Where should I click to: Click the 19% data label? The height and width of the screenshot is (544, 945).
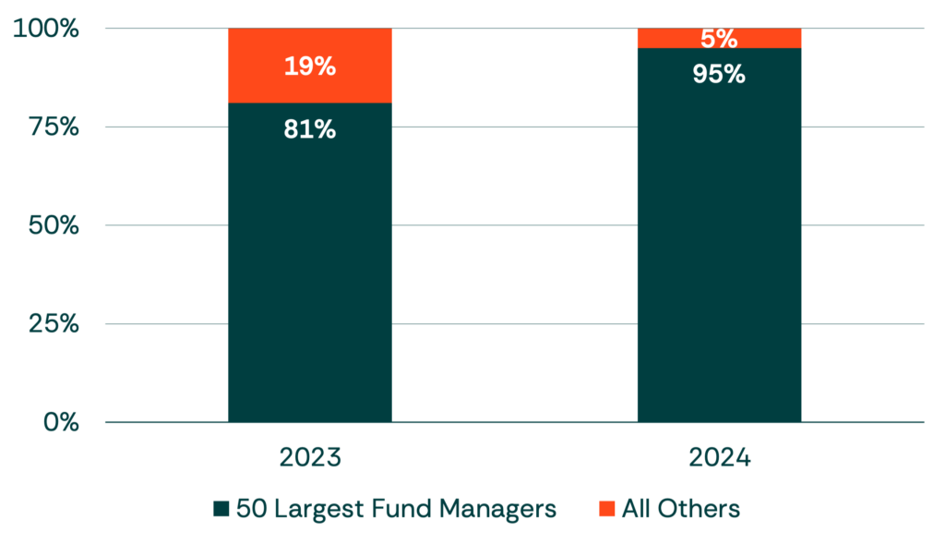click(x=309, y=66)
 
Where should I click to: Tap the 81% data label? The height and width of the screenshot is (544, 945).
click(x=309, y=130)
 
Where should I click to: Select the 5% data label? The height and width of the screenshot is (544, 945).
click(x=719, y=39)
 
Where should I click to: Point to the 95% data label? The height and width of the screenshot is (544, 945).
click(x=719, y=74)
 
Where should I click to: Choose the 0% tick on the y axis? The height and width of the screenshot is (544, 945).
click(x=57, y=423)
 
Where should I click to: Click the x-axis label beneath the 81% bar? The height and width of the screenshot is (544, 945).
click(x=309, y=456)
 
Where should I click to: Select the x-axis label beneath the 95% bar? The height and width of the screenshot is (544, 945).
click(x=719, y=456)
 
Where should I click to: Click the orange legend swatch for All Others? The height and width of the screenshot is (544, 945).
click(x=608, y=509)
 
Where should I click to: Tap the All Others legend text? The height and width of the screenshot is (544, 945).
click(x=684, y=509)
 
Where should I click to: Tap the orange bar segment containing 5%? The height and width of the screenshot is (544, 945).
click(x=719, y=38)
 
